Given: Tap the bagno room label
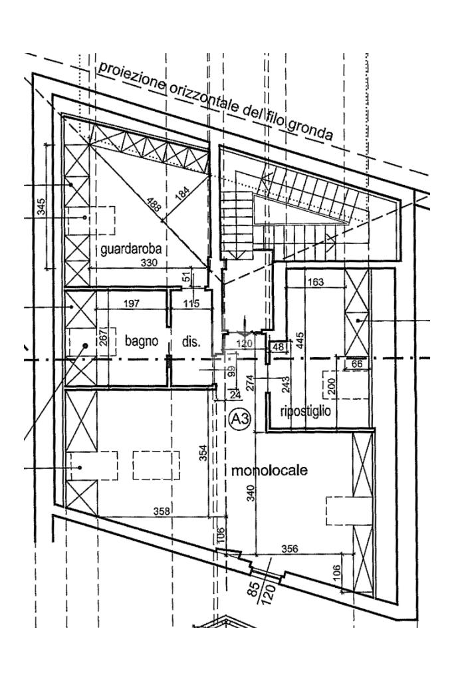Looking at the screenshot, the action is click(x=141, y=340).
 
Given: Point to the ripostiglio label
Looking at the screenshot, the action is click(x=306, y=410).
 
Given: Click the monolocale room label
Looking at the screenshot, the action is click(x=269, y=470).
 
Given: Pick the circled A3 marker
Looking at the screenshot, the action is click(x=240, y=419).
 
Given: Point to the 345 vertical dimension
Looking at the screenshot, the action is click(x=41, y=207).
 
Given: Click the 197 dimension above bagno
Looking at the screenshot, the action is click(x=131, y=303).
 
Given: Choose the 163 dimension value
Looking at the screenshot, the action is click(x=315, y=282).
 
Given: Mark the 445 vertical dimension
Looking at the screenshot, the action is click(x=300, y=341).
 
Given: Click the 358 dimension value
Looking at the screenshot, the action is click(x=162, y=511).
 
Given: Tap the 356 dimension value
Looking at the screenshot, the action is click(x=290, y=549).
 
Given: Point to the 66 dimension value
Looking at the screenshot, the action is click(x=356, y=364).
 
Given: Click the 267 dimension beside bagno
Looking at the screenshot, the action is click(x=102, y=336).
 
